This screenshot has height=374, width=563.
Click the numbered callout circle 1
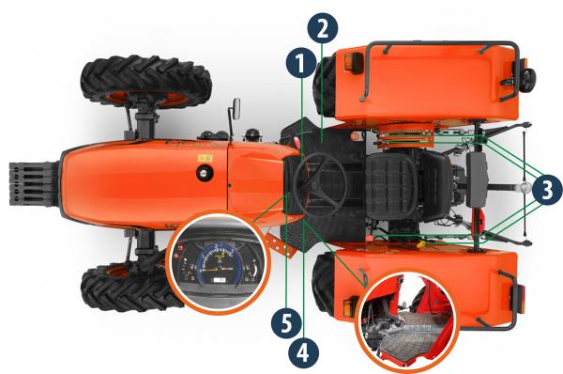pyautogui.click(x=299, y=64)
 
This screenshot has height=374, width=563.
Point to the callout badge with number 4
pyautogui.click(x=300, y=352)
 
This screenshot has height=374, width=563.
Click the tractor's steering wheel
pyautogui.click(x=319, y=179)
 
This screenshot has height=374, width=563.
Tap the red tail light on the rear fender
pyautogui.click(x=515, y=298)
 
